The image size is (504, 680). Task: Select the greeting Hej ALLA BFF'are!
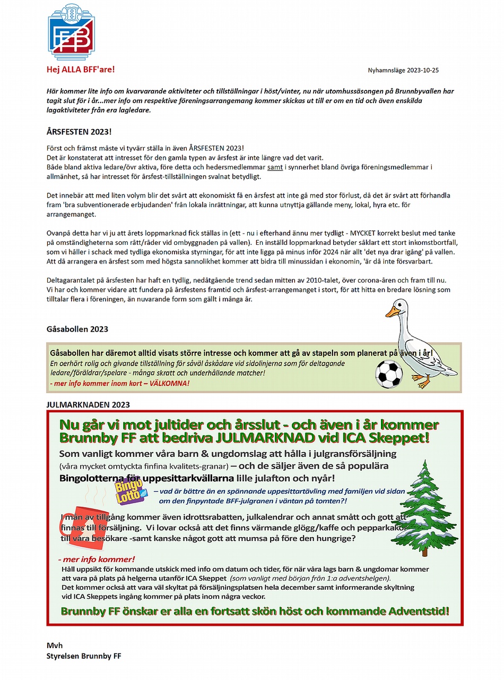click(x=81, y=69)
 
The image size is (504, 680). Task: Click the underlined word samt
click(x=275, y=167)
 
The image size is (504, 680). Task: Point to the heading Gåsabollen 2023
click(x=77, y=329)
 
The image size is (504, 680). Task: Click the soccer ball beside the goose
click(x=388, y=373)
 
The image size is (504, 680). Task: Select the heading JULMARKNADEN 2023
click(x=88, y=404)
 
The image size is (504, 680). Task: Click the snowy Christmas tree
click(x=427, y=505)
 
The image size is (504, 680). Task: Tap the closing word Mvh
click(x=55, y=645)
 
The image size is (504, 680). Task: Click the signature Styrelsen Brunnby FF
click(x=84, y=656)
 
